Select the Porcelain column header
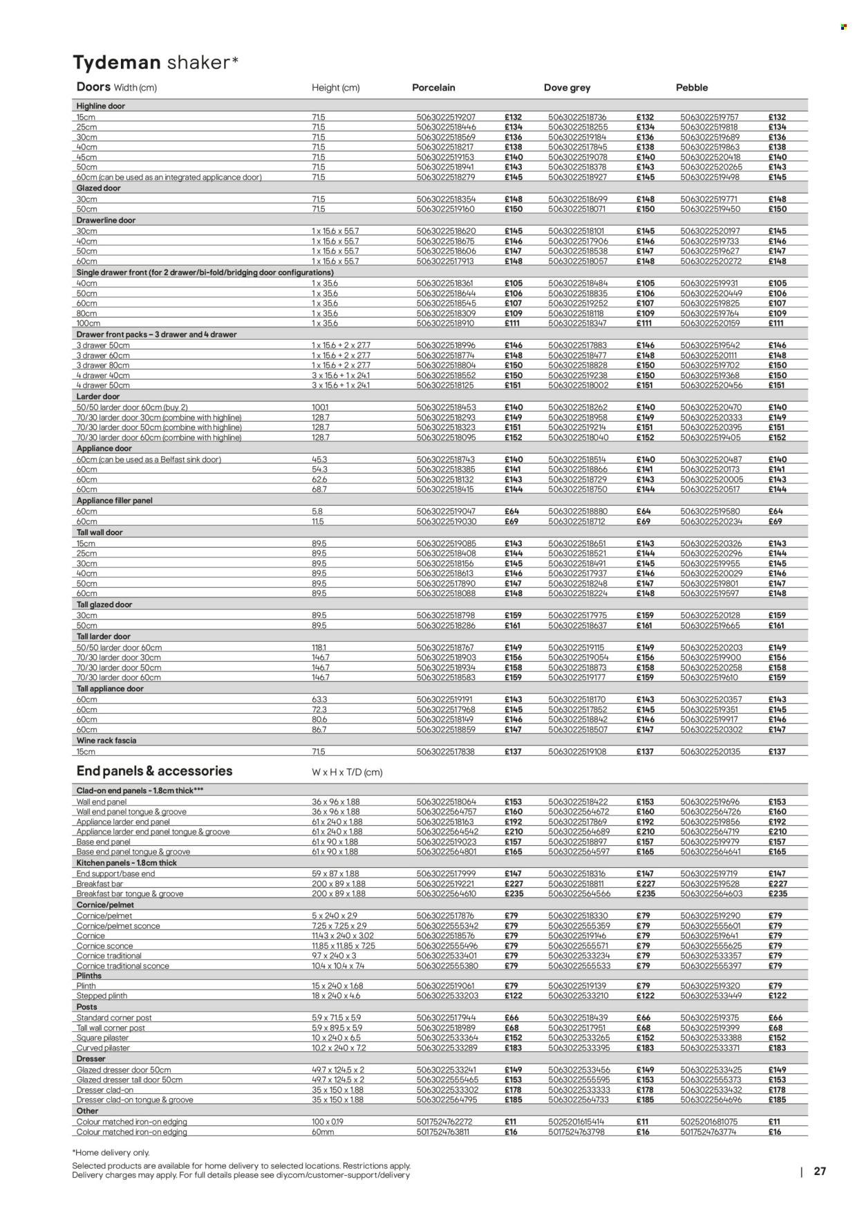433,88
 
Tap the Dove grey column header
567,88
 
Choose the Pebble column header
692,88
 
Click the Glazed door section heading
100,188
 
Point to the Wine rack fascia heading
106,741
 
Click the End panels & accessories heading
154,771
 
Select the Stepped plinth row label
102,996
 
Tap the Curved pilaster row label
104,1048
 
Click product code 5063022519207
446,118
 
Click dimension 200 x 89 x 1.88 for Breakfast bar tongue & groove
338,894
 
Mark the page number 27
820,1172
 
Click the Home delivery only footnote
111,1153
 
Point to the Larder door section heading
98,397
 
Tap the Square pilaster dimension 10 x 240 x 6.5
337,1038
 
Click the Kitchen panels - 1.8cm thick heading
126,863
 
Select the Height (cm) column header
335,88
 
